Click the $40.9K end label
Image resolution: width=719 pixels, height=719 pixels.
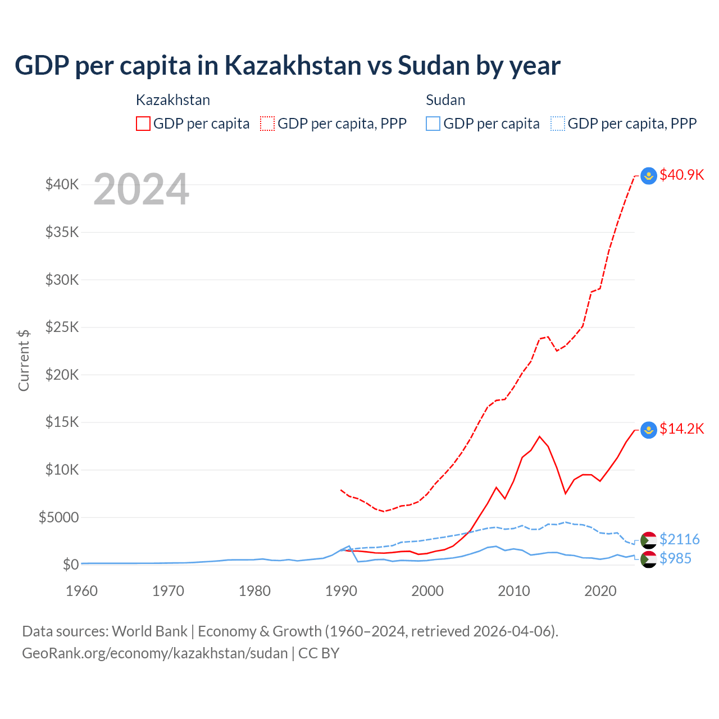tap(681, 175)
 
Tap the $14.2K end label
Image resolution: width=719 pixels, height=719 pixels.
tap(681, 429)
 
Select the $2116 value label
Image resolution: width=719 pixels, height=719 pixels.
tap(679, 539)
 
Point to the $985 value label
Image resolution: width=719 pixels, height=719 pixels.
tap(675, 558)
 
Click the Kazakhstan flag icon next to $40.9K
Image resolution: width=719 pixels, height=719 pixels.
tap(649, 176)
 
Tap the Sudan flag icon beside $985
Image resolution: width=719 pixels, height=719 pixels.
tap(649, 559)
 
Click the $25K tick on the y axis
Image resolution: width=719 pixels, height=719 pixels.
tap(62, 327)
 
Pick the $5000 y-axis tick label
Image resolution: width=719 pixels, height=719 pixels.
tap(58, 517)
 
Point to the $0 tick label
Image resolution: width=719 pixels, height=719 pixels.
tap(70, 565)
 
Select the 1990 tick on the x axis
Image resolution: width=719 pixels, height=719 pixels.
tap(341, 591)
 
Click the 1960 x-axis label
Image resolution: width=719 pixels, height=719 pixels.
tap(82, 591)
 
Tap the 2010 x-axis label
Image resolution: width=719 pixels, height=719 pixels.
tap(514, 591)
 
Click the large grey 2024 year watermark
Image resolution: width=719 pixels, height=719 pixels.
tap(141, 189)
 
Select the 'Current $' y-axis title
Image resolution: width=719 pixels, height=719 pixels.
tap(24, 360)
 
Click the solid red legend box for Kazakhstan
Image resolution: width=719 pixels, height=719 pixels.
tap(143, 124)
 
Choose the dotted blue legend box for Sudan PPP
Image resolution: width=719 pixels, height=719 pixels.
tap(558, 124)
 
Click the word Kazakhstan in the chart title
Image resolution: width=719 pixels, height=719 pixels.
tap(293, 65)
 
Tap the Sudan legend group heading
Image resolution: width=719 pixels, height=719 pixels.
tap(445, 100)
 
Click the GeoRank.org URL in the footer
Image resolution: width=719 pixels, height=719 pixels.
tap(155, 653)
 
